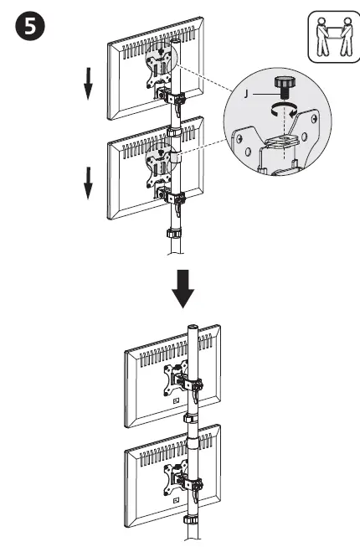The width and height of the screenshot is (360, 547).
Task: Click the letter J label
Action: [x=244, y=95]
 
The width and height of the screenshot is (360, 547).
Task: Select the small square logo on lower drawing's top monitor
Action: [x=174, y=401]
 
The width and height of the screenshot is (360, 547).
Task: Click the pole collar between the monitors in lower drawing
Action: [x=192, y=416]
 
